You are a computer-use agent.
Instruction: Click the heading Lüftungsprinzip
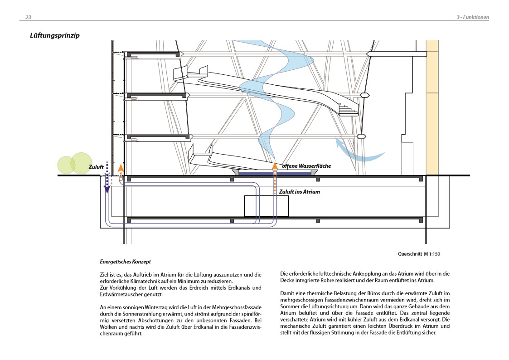55,35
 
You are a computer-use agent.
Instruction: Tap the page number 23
28,17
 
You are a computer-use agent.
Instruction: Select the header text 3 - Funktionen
472,17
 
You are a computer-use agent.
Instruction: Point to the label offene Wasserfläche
306,166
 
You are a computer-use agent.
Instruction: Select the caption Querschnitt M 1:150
418,254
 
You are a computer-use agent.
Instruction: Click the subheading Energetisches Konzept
125,262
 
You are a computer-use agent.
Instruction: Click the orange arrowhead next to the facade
121,168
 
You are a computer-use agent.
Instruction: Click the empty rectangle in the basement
267,206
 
